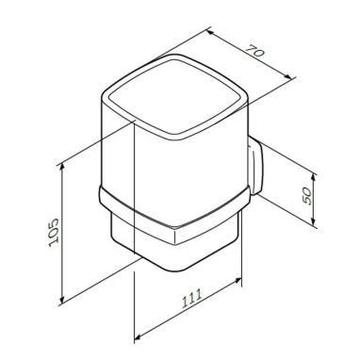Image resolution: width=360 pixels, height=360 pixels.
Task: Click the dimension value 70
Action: pos(255,52)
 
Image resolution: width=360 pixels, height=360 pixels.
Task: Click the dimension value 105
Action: pos(54,233)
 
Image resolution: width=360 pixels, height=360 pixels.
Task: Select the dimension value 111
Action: pos(192,299)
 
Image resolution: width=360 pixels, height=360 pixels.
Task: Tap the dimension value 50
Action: pos(307,197)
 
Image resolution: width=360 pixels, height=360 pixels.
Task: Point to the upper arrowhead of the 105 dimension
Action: pos(62,167)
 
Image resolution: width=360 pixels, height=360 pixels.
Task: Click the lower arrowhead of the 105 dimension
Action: pos(62,299)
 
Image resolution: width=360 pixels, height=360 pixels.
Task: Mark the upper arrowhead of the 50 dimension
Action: pos(314,177)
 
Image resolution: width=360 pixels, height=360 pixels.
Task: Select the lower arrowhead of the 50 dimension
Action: pos(314,221)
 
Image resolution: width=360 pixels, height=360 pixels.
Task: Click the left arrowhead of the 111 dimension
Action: pos(139,337)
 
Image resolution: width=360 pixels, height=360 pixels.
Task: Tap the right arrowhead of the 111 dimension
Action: pos(237,281)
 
